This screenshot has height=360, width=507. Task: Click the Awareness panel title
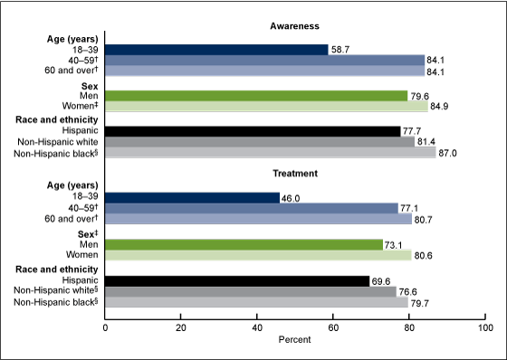coord(295,27)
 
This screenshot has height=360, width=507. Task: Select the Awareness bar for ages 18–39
coord(216,50)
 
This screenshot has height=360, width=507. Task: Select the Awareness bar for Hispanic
coord(253,131)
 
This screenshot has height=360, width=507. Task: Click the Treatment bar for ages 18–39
coord(192,195)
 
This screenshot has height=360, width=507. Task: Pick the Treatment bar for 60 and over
coord(258,219)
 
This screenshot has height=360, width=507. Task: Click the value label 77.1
coord(411,207)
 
